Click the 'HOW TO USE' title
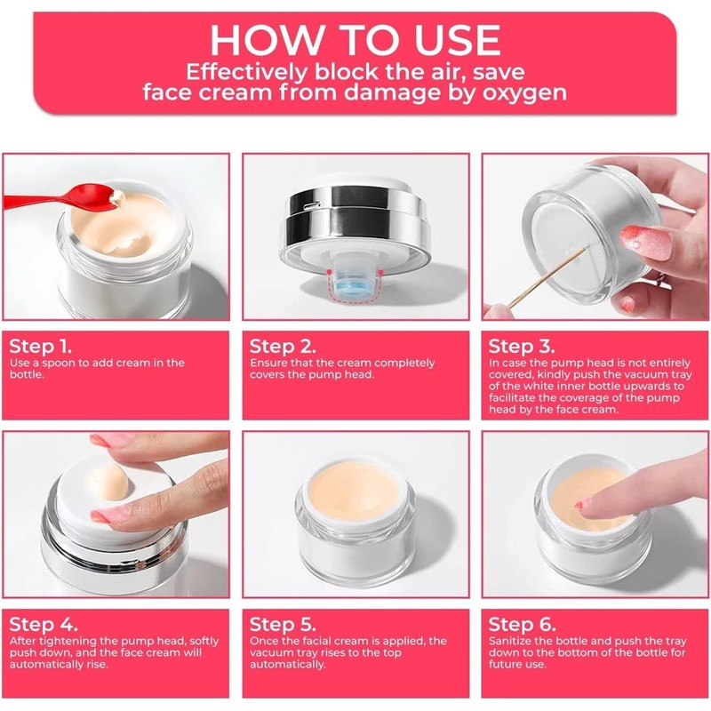click(355, 40)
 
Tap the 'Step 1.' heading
click(40, 347)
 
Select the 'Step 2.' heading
click(283, 347)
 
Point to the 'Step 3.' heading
click(522, 347)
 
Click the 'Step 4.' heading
click(44, 625)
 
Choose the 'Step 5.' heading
click(283, 625)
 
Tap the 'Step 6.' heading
click(522, 625)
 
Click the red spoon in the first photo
click(59, 198)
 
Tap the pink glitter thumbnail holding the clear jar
click(646, 242)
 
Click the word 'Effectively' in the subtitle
click(247, 72)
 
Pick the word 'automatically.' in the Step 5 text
click(287, 665)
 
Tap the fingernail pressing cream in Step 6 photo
click(583, 503)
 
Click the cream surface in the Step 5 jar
click(355, 492)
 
